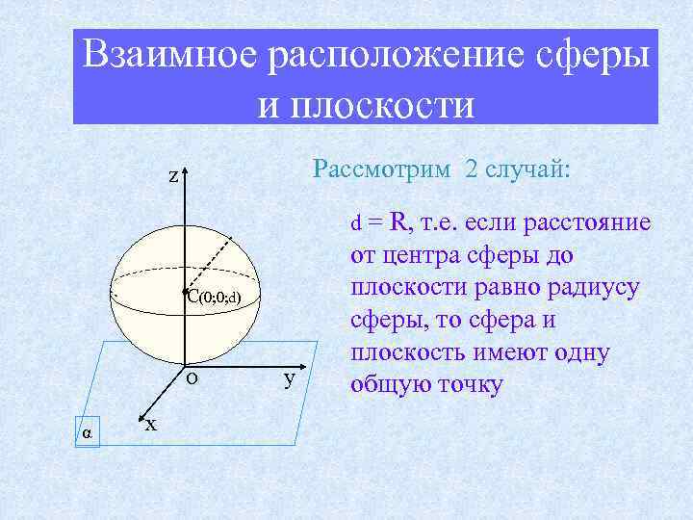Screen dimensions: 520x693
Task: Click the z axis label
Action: (x=172, y=176)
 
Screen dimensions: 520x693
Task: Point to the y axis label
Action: (x=289, y=378)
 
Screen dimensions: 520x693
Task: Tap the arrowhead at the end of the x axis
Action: (x=142, y=417)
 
